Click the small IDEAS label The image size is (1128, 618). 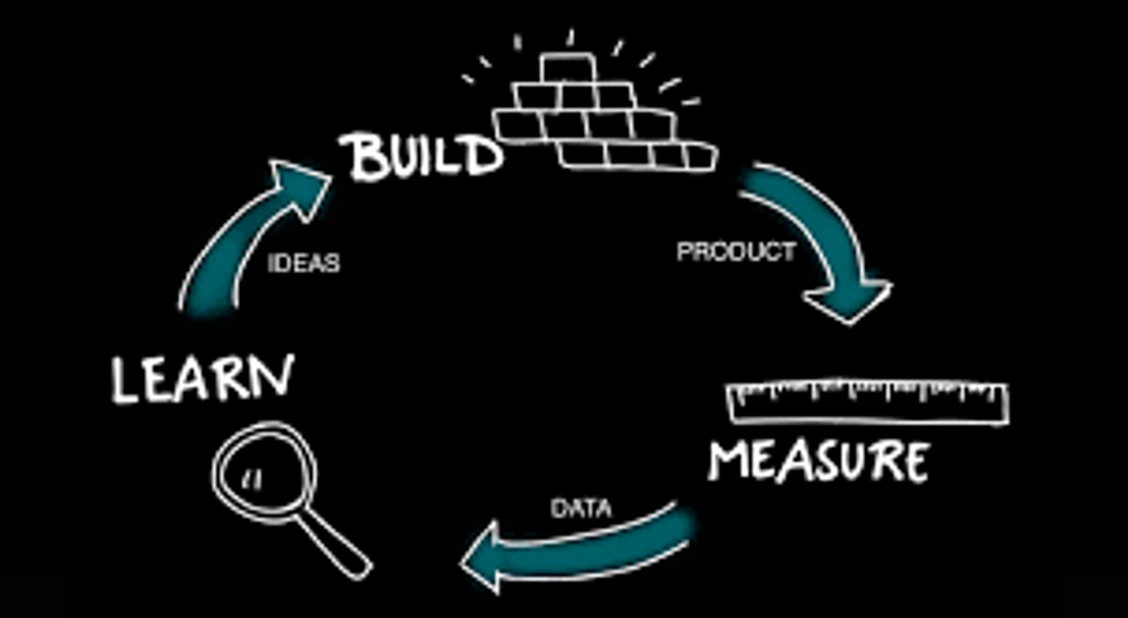(x=304, y=263)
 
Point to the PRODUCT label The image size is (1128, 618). (x=736, y=252)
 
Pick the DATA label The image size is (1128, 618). (x=581, y=509)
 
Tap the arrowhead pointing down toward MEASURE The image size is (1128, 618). (x=849, y=302)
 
